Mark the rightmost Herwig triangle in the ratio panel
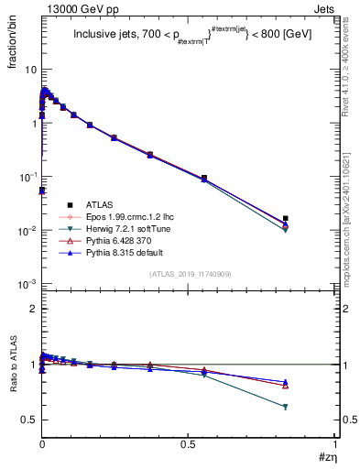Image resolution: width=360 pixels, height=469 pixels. coord(286,407)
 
